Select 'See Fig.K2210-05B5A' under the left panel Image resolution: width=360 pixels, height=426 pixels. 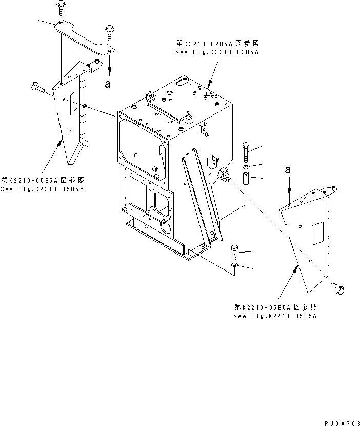click(43, 189)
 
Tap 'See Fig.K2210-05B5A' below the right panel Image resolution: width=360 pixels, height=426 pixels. click(275, 316)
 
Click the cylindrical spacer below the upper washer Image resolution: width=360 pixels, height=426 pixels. click(246, 180)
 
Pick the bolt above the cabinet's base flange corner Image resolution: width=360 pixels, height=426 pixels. click(234, 252)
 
